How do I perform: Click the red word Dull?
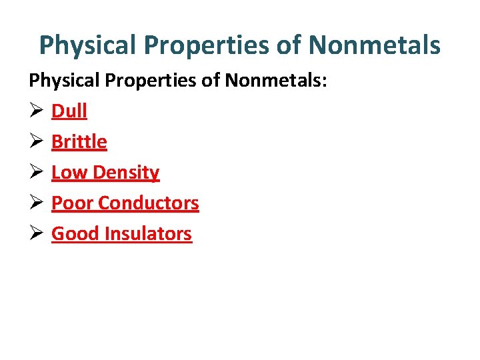[x=69, y=111]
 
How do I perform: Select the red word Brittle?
[x=79, y=141]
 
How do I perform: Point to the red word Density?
[x=126, y=172]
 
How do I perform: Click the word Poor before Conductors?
[x=72, y=203]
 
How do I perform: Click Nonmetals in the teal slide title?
[x=374, y=45]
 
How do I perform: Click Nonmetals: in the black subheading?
[x=275, y=81]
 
